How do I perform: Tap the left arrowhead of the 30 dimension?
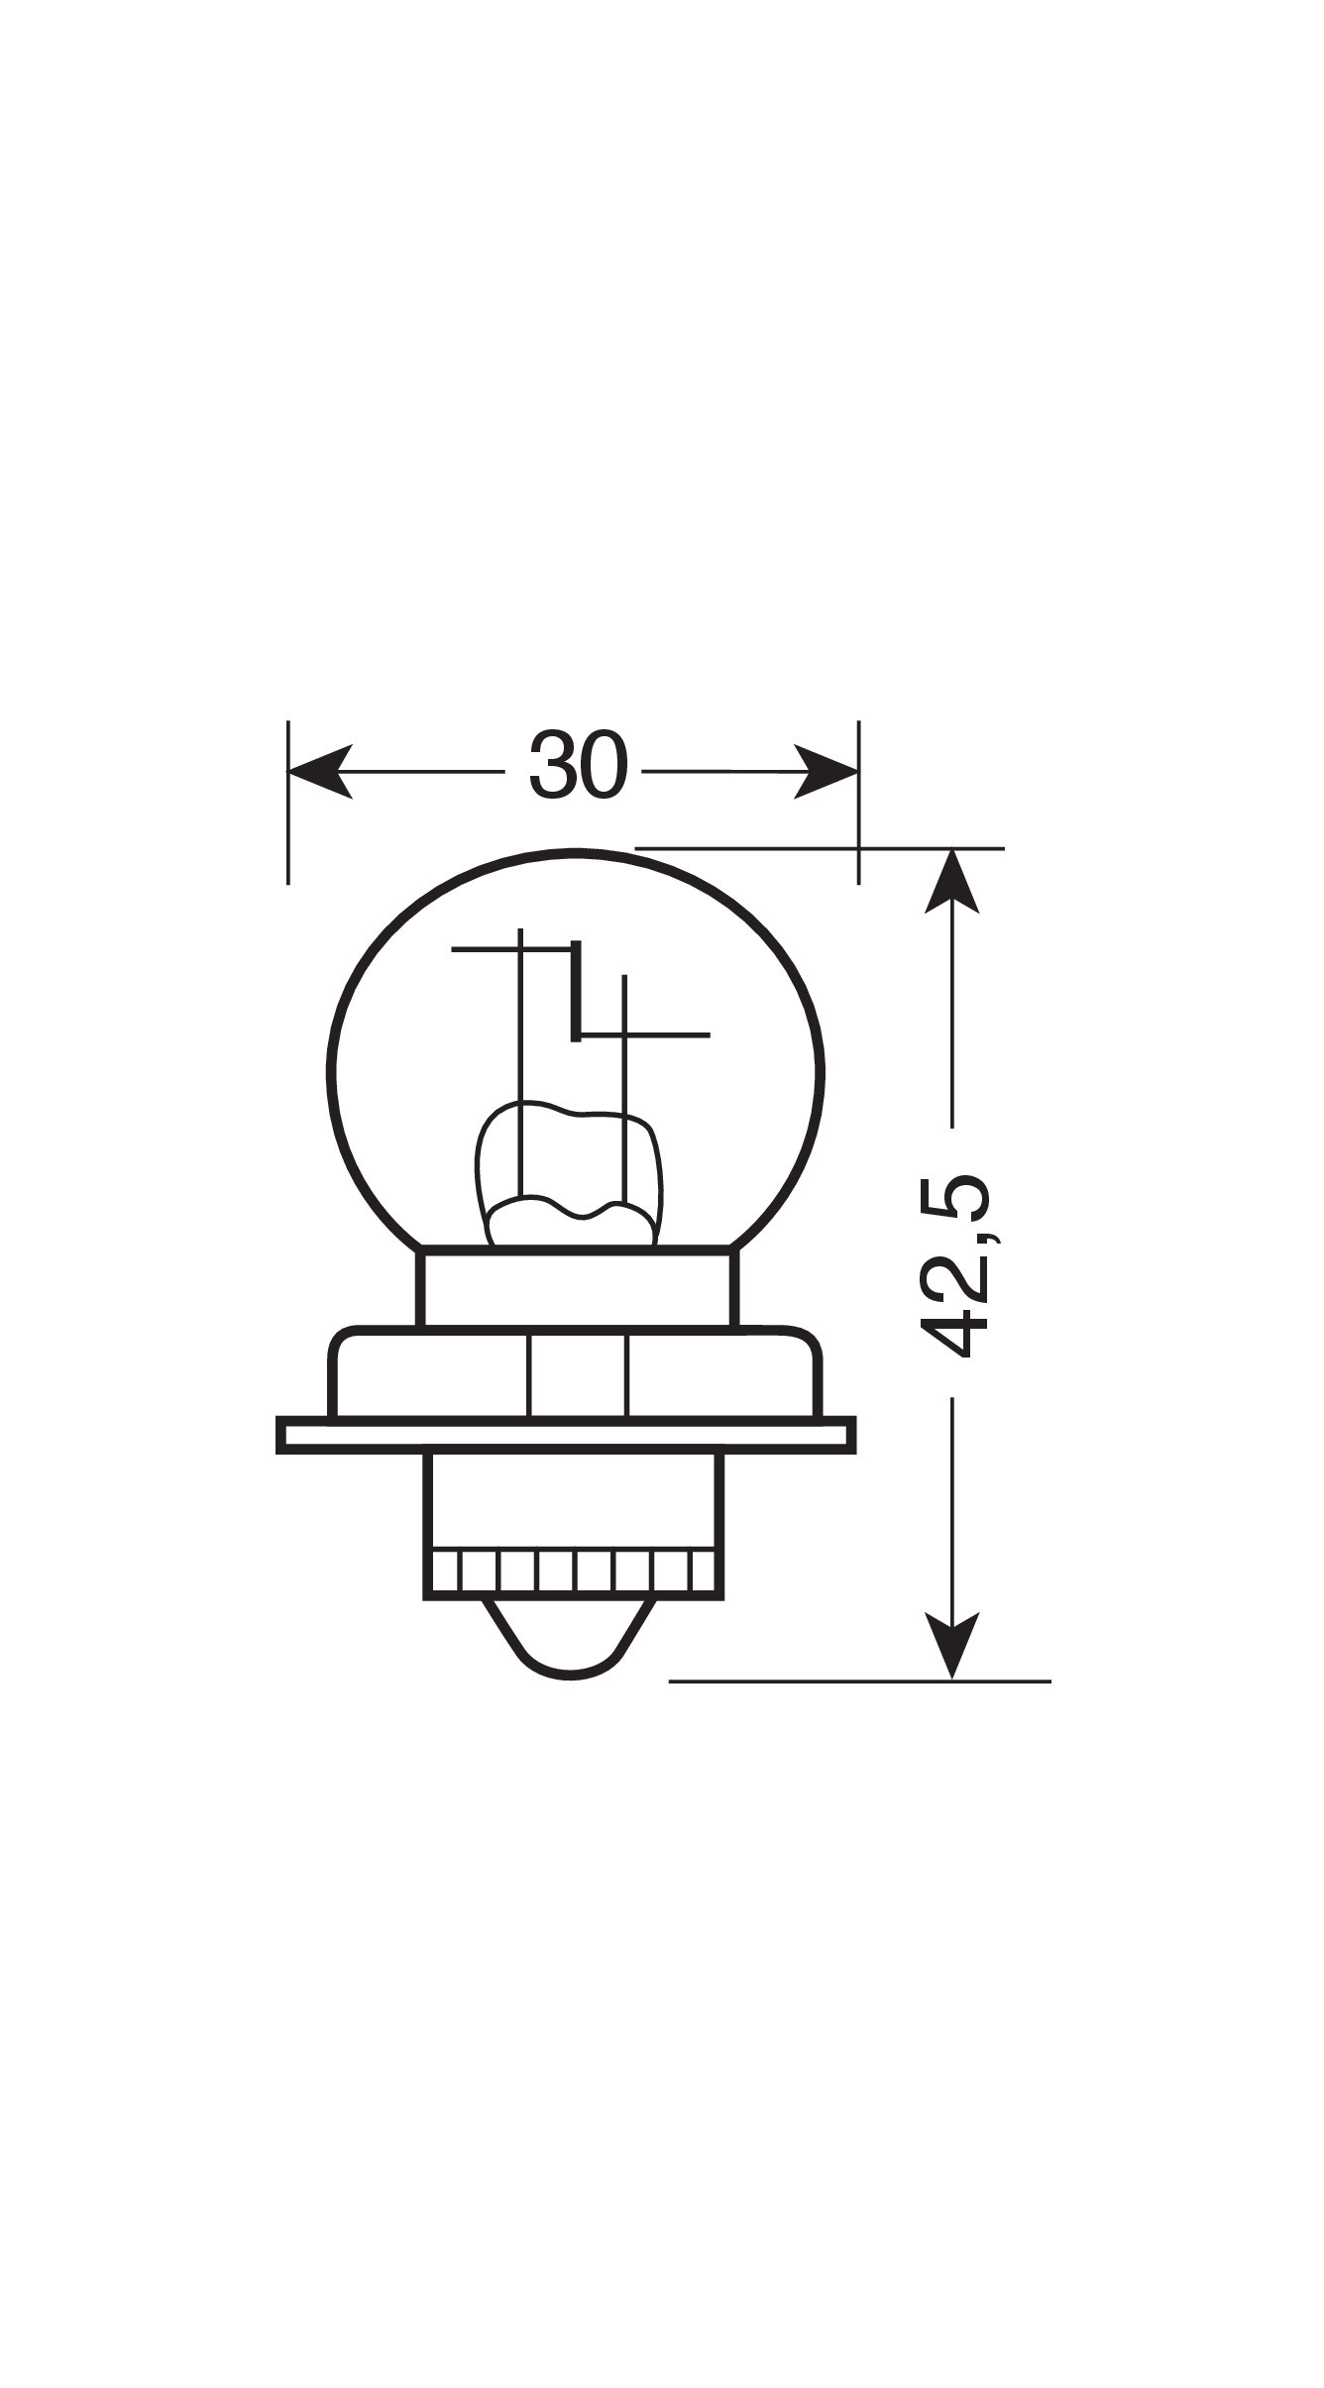pos(320,770)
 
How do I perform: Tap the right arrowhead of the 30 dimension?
pos(826,770)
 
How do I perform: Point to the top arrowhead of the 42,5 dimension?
pos(951,880)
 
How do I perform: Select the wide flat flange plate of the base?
pos(566,1435)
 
